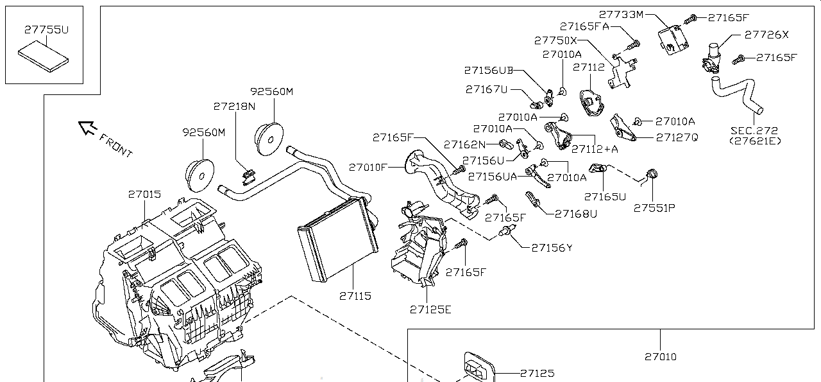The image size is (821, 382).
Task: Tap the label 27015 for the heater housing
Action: tap(144, 194)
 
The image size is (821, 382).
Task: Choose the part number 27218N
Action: tap(234, 106)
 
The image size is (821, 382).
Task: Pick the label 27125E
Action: tap(430, 309)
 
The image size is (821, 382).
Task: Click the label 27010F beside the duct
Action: tap(368, 168)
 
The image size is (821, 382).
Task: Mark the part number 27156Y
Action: tap(552, 248)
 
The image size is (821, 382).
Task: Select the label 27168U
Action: tap(576, 213)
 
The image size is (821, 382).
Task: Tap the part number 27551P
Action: tap(654, 208)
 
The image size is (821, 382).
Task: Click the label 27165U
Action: tap(605, 196)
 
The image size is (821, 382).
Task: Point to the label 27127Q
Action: tap(677, 137)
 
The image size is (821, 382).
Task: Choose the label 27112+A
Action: tap(595, 149)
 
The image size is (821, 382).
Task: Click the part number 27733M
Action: tap(621, 15)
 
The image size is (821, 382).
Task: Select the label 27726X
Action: tap(766, 35)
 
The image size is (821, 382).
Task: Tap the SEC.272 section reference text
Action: tap(754, 130)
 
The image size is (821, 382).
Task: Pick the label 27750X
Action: tap(555, 40)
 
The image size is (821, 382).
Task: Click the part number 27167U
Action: tap(486, 89)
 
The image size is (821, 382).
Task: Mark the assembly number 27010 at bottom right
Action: tap(661, 356)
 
